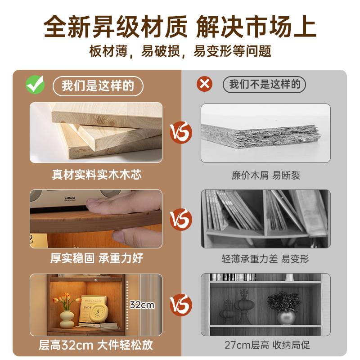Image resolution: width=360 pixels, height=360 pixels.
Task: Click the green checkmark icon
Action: point(35,84)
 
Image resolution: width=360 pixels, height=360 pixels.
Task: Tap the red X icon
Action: point(205,84)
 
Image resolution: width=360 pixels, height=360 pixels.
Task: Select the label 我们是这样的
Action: point(98,85)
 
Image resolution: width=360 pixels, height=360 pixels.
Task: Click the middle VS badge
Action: point(181,219)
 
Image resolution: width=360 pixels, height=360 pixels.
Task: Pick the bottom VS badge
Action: point(181,303)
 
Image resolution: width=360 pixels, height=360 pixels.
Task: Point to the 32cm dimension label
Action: point(142,305)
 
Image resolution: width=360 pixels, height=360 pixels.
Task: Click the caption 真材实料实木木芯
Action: point(96,175)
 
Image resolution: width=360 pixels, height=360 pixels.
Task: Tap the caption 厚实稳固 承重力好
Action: point(96,258)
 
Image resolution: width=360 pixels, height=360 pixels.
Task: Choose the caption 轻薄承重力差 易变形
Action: point(265,259)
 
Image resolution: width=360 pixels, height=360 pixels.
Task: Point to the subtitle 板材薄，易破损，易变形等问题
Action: point(180,51)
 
